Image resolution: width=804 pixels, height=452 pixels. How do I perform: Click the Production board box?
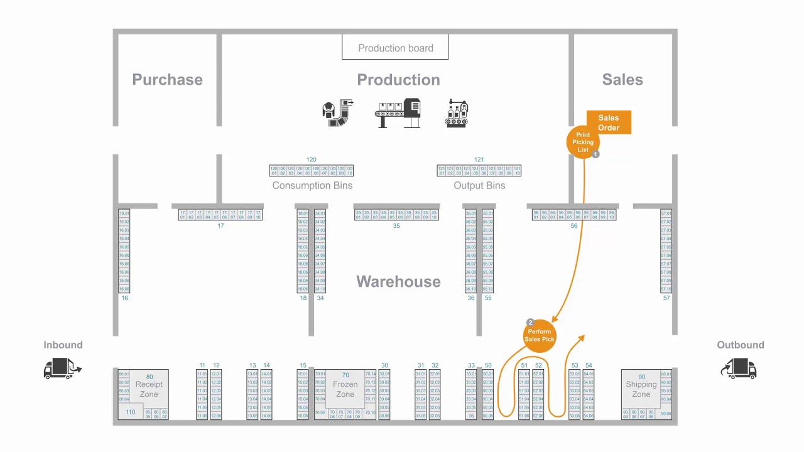point(395,48)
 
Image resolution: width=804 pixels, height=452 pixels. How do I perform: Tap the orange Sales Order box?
point(609,122)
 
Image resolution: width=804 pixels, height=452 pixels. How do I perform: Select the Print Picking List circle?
point(583,143)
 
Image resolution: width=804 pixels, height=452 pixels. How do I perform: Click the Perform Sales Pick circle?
point(540,335)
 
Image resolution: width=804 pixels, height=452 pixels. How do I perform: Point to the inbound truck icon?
point(62,369)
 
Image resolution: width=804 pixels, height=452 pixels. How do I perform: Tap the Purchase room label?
point(167,80)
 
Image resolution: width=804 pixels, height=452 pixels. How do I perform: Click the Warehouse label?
point(398,282)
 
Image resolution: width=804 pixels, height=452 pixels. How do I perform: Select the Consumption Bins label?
point(312,186)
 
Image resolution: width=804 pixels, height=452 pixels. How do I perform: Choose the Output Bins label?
point(479,186)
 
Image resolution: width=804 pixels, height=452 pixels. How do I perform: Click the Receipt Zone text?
point(149,389)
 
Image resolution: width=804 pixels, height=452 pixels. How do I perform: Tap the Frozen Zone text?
point(345,389)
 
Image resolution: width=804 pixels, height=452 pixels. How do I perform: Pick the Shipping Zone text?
point(641,389)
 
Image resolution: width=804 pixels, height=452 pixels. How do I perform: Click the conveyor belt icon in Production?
point(398,114)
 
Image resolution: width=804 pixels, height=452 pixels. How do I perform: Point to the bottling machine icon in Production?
point(457,114)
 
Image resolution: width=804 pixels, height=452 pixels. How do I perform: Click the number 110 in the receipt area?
point(130,412)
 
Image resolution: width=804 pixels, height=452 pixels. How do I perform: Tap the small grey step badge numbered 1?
point(595,154)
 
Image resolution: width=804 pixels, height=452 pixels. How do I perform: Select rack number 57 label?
point(666,298)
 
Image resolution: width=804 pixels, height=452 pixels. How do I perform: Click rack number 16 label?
point(124,298)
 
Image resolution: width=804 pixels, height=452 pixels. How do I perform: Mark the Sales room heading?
point(622,80)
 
